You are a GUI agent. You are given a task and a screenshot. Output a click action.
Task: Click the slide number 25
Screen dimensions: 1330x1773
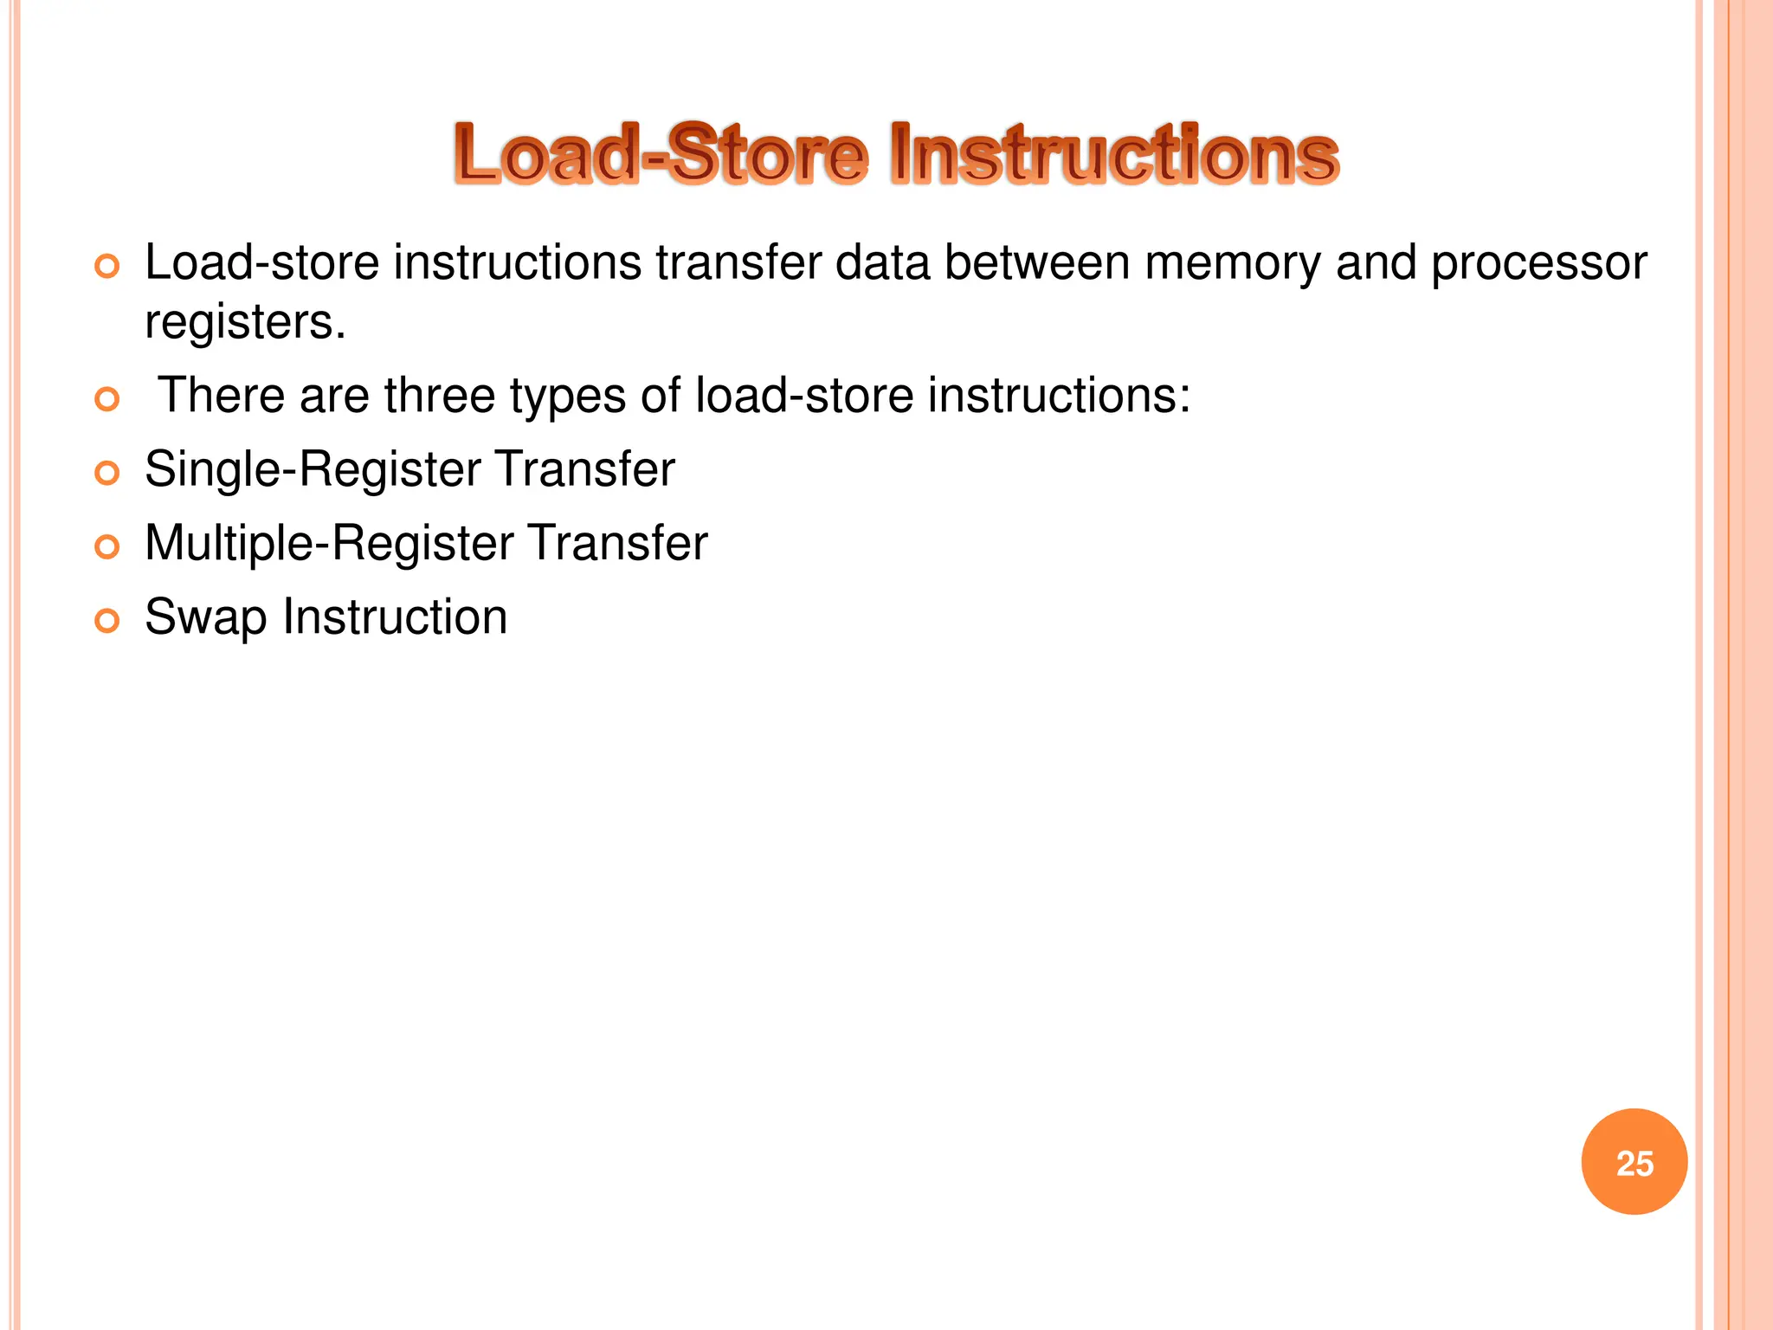pyautogui.click(x=1634, y=1163)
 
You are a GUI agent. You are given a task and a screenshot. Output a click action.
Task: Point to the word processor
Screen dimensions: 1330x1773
pyautogui.click(x=1538, y=263)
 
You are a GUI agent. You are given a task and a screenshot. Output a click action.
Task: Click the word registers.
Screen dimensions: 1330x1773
pyautogui.click(x=245, y=322)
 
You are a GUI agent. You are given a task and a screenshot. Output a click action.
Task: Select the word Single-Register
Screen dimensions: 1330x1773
pyautogui.click(x=313, y=470)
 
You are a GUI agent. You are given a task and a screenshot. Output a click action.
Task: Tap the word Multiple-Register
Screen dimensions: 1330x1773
pyautogui.click(x=329, y=544)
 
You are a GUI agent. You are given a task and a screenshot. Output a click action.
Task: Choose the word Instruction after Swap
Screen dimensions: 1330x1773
pyautogui.click(x=395, y=617)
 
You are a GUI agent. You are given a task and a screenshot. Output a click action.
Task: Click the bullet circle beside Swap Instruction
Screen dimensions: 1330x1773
pyautogui.click(x=106, y=621)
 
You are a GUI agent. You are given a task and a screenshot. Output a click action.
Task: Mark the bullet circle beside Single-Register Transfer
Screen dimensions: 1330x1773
pyautogui.click(x=106, y=473)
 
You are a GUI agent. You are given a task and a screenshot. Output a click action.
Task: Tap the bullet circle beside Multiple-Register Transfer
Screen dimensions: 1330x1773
pyautogui.click(x=106, y=547)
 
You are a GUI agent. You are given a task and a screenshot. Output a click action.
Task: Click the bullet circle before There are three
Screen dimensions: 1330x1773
pyautogui.click(x=106, y=399)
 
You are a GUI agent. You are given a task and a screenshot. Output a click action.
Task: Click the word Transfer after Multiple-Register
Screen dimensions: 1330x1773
pyautogui.click(x=618, y=544)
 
